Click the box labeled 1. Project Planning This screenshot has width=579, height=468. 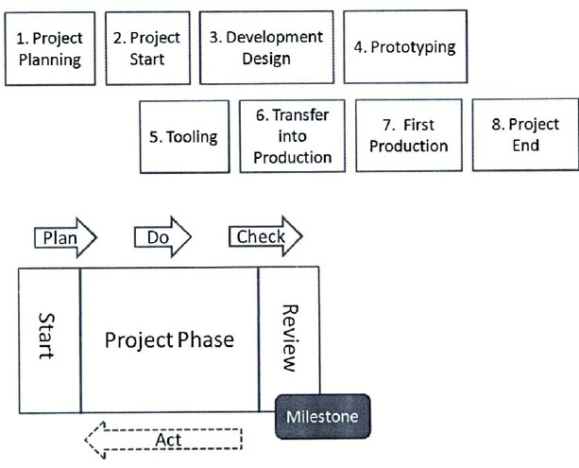(x=50, y=49)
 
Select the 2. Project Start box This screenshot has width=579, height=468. (x=148, y=48)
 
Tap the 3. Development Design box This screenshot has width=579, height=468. (x=266, y=47)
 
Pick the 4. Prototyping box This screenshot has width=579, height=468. (x=405, y=46)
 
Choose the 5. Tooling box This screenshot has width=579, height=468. (x=184, y=137)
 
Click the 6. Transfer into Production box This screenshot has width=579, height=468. (x=293, y=136)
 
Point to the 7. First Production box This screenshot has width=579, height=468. (x=409, y=135)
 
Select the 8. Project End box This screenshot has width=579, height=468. (x=525, y=134)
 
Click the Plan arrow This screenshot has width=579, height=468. (x=66, y=237)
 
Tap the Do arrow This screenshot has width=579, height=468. (x=162, y=236)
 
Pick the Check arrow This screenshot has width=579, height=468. (x=265, y=235)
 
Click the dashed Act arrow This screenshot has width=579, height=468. (x=163, y=440)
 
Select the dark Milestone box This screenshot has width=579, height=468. (x=323, y=417)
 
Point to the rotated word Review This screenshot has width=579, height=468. (x=289, y=338)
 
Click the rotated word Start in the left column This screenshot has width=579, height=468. (x=46, y=336)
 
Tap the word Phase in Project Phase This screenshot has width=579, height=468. (x=206, y=339)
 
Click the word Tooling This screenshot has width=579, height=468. (x=192, y=137)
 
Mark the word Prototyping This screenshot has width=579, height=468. (x=413, y=47)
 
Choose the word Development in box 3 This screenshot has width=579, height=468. (x=274, y=37)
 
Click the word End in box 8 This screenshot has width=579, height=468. (x=525, y=145)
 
